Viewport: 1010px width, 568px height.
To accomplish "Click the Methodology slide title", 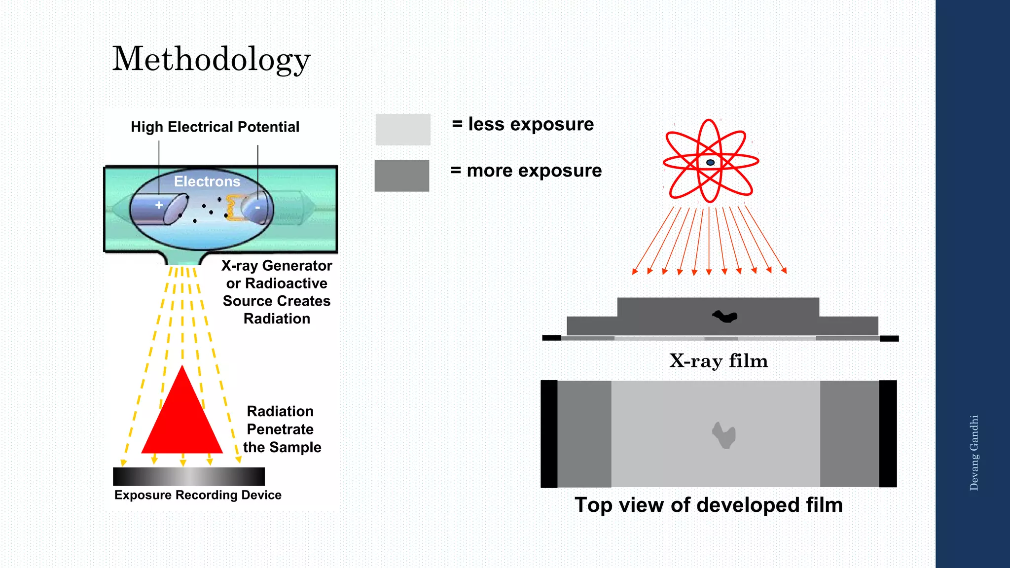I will click(211, 59).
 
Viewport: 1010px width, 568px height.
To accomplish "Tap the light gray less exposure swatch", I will click(403, 130).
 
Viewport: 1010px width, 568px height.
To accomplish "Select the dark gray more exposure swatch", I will click(402, 176).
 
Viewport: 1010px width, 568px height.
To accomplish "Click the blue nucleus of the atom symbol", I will click(710, 162).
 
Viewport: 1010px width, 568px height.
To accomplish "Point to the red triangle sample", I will click(182, 419).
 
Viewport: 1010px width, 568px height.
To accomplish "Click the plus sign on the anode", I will click(159, 205).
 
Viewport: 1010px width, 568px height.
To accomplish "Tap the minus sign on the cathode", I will click(257, 208).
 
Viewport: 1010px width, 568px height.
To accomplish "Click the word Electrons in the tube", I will click(207, 181).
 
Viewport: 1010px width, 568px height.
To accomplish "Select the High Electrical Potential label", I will click(215, 127).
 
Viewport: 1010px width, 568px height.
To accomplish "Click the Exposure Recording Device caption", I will click(198, 495).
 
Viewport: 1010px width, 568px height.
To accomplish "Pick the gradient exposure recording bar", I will click(189, 477).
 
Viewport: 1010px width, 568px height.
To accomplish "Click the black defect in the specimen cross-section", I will click(725, 316).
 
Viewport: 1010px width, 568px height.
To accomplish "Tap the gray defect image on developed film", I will click(724, 435).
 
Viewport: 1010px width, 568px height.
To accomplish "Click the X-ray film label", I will click(719, 361).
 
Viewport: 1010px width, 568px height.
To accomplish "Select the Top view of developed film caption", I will click(709, 505).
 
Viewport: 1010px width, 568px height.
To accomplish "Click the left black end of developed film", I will click(549, 434).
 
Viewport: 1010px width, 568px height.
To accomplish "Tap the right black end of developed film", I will click(888, 434).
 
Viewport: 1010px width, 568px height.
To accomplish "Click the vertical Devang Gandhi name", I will click(974, 453).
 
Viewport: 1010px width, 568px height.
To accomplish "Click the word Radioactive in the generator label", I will click(286, 284).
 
